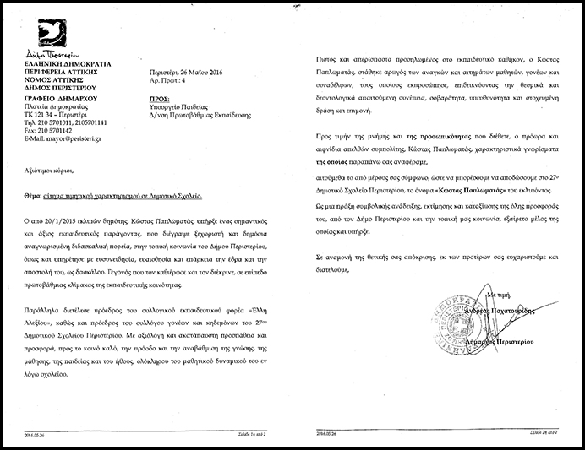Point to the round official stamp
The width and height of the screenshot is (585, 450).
click(x=462, y=321)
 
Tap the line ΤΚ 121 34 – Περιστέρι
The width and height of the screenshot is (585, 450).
click(x=56, y=113)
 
